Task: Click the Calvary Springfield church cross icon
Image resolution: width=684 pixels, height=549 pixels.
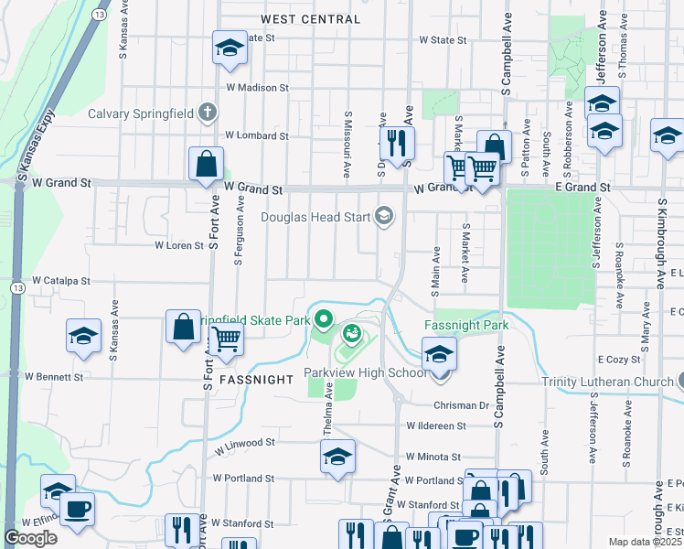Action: click(208, 113)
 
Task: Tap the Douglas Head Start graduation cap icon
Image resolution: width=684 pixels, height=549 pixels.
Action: click(384, 217)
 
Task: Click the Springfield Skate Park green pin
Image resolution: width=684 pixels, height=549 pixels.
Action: click(322, 320)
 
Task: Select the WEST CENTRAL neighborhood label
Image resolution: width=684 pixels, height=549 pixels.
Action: click(310, 19)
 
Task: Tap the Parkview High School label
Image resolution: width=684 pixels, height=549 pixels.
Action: click(366, 373)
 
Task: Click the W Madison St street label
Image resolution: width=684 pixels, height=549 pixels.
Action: click(257, 88)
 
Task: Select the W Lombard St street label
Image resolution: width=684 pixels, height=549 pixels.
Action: click(257, 135)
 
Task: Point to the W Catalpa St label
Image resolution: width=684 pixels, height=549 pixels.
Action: click(61, 281)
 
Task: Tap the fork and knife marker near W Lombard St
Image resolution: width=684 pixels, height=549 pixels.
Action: click(397, 142)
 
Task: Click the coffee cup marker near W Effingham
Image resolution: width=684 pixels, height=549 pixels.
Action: click(77, 509)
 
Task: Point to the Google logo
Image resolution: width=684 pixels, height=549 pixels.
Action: click(31, 538)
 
